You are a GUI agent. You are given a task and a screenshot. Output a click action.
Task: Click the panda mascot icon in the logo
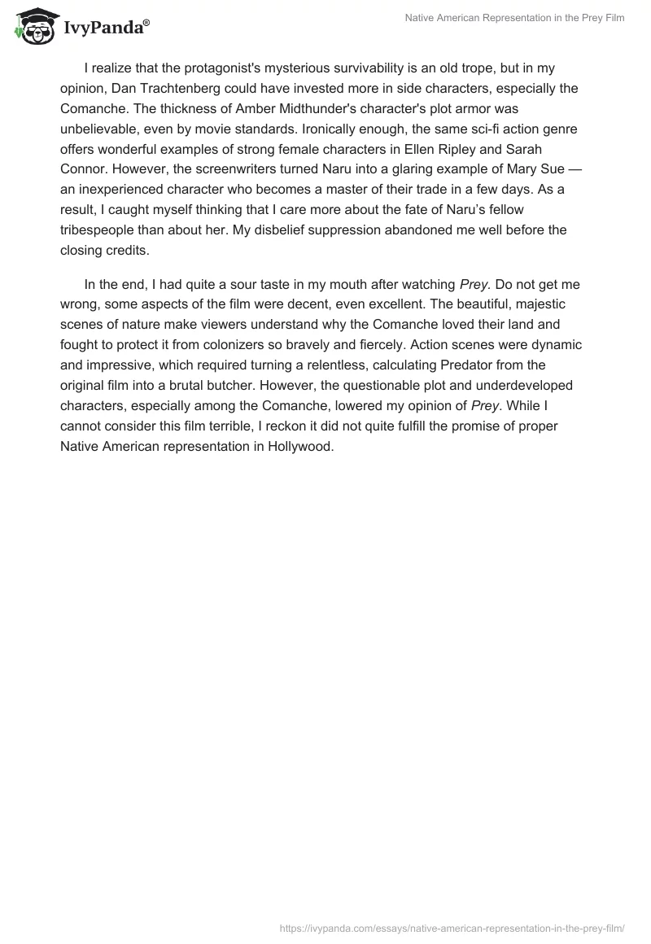[x=33, y=28]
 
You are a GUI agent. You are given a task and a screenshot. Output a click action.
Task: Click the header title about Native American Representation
[x=514, y=18]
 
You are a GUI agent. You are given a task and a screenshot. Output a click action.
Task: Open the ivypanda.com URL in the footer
[x=452, y=927]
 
